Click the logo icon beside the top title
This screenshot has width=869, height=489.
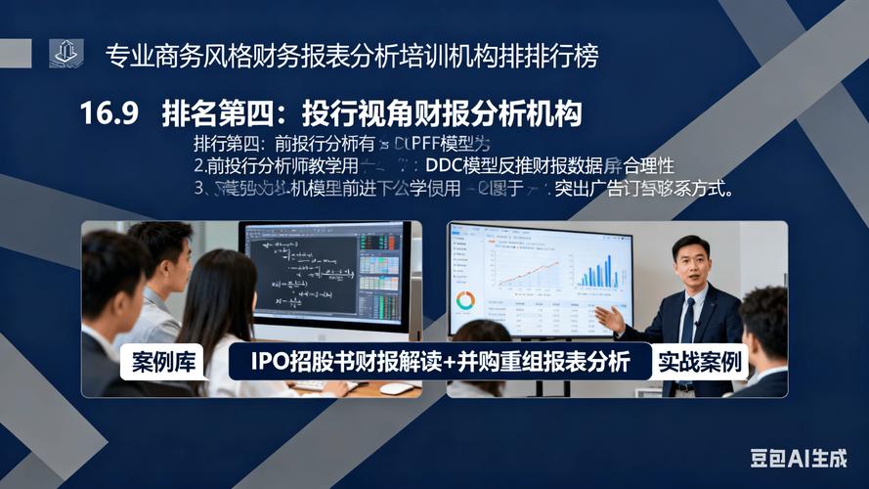(66, 54)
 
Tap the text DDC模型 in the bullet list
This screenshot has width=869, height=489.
(458, 165)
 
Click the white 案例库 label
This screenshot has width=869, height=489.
(163, 363)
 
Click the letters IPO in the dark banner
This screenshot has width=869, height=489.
(269, 363)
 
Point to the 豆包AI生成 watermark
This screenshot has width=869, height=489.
(798, 458)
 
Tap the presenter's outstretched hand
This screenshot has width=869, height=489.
(609, 318)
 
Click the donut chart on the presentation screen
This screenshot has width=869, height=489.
(465, 300)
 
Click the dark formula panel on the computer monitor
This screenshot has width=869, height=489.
(299, 270)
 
